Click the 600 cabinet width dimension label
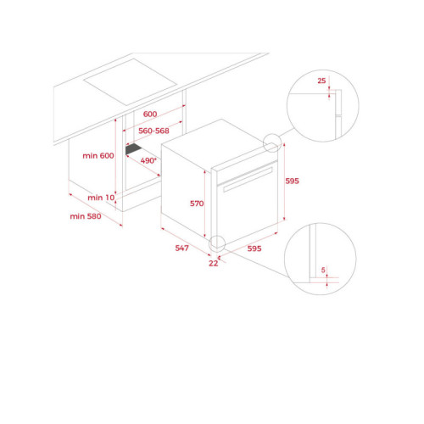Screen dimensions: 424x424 [150, 114]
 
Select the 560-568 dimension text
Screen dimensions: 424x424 [153, 131]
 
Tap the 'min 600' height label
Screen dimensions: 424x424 [98, 155]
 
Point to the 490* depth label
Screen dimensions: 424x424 [148, 160]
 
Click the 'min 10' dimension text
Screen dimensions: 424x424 [101, 198]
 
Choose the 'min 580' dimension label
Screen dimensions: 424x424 [86, 216]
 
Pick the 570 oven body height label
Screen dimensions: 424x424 [197, 204]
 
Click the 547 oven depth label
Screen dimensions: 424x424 [181, 248]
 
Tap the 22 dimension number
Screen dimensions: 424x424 [214, 263]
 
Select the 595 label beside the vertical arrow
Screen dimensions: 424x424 [292, 181]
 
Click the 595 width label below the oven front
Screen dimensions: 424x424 [254, 248]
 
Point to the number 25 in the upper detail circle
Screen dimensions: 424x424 [321, 81]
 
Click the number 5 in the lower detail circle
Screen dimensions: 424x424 [323, 270]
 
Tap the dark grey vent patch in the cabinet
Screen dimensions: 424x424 [134, 149]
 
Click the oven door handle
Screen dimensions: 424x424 [248, 180]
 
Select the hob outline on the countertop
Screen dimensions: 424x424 [130, 82]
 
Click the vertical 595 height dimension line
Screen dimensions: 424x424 [284, 181]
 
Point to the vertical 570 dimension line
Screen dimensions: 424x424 [204, 204]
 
